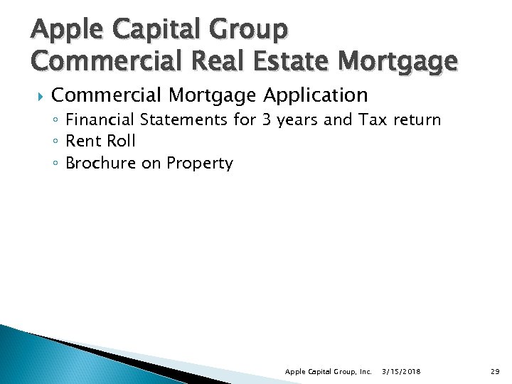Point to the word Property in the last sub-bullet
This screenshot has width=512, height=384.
(200, 163)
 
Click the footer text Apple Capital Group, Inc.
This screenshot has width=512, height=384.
(328, 372)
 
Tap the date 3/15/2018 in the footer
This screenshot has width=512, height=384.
(400, 372)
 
